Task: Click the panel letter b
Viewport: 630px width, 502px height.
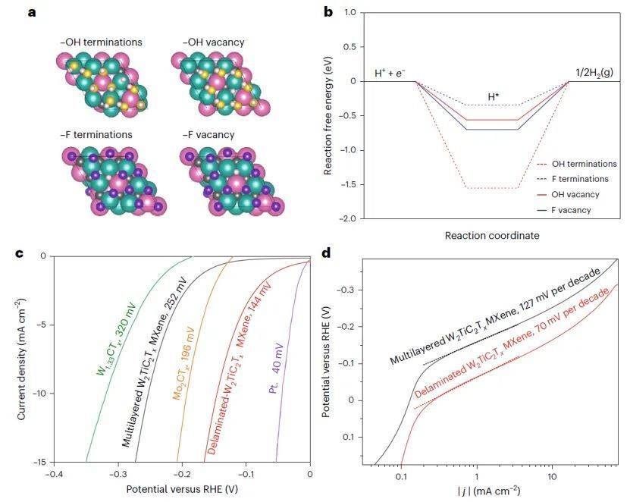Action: (328, 12)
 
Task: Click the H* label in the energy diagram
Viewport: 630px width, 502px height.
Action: (494, 96)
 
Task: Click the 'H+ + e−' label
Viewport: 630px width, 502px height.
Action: (390, 73)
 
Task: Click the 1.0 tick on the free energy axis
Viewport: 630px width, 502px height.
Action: (349, 12)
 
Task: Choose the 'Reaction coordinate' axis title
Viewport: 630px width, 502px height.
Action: (491, 236)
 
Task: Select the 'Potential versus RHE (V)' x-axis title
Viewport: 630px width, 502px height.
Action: (181, 489)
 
